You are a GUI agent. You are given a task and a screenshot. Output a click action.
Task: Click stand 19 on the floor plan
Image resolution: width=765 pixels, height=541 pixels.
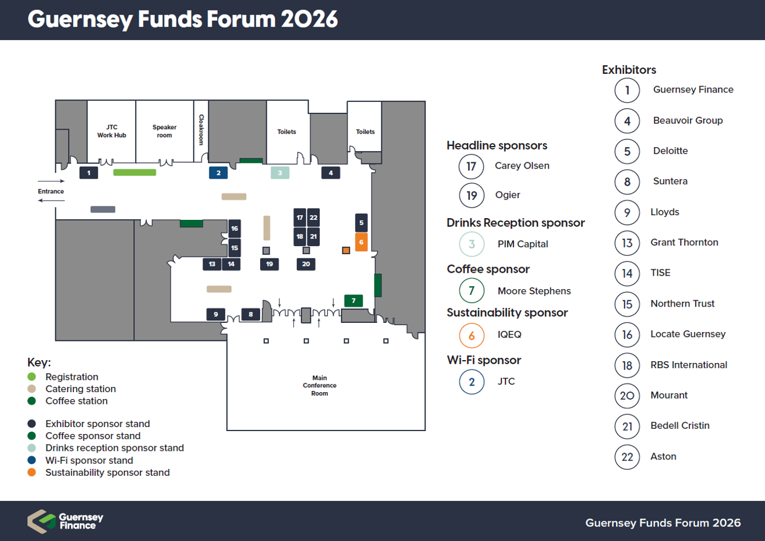pyautogui.click(x=270, y=264)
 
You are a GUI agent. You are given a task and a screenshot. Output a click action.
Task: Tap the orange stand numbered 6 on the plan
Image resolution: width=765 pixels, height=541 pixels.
pyautogui.click(x=362, y=242)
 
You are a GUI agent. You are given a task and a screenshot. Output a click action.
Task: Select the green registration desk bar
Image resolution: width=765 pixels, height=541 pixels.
pyautogui.click(x=134, y=172)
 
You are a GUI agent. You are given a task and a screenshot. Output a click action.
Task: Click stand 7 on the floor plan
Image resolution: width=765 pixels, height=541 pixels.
pyautogui.click(x=353, y=301)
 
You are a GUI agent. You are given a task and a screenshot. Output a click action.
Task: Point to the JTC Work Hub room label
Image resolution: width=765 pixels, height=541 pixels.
pyautogui.click(x=112, y=131)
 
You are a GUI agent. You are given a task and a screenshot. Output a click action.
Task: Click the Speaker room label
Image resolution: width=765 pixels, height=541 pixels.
pyautogui.click(x=164, y=131)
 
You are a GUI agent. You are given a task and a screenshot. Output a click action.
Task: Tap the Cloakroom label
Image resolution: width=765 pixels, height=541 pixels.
pyautogui.click(x=201, y=129)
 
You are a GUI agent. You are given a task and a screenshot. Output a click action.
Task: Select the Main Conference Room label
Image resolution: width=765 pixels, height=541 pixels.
pyautogui.click(x=320, y=385)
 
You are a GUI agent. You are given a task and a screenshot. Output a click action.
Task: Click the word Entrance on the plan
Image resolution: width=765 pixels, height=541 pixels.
pyautogui.click(x=51, y=191)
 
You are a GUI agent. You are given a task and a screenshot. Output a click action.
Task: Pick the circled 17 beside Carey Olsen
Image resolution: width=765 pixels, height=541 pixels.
pyautogui.click(x=472, y=166)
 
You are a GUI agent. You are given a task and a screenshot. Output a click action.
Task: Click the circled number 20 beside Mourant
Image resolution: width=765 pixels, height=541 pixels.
pyautogui.click(x=627, y=396)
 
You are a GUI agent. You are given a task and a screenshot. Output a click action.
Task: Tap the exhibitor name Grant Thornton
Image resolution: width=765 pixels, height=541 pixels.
pyautogui.click(x=684, y=243)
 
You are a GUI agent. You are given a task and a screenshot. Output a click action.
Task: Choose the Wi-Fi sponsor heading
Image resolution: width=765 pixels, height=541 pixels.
pyautogui.click(x=484, y=360)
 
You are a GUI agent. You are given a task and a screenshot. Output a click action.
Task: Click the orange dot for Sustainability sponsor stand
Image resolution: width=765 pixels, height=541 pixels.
pyautogui.click(x=32, y=472)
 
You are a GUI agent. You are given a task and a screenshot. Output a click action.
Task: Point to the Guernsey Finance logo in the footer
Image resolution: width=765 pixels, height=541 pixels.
pyautogui.click(x=65, y=521)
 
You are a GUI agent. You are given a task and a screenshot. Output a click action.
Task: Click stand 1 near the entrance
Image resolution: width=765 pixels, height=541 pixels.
pyautogui.click(x=88, y=173)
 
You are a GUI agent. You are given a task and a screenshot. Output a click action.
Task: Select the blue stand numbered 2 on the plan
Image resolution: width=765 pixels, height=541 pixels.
pyautogui.click(x=218, y=173)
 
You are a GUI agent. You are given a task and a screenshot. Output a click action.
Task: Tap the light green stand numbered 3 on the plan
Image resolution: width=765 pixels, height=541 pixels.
pyautogui.click(x=280, y=173)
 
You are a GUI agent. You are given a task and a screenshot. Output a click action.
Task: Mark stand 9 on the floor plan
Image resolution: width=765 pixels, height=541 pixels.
pyautogui.click(x=216, y=314)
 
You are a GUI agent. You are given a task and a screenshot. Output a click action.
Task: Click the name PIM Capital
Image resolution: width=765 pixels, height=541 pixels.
pyautogui.click(x=522, y=244)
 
